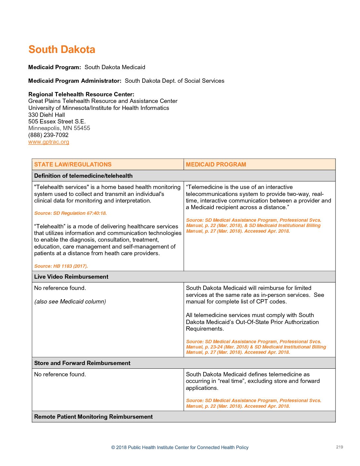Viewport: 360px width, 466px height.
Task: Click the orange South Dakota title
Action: [x=62, y=49]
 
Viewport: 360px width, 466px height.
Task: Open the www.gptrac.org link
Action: [x=49, y=142]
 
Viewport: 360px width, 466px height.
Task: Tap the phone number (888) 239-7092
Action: [x=48, y=135]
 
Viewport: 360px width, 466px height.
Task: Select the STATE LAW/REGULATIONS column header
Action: [x=73, y=164]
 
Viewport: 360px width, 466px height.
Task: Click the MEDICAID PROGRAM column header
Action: [x=216, y=164]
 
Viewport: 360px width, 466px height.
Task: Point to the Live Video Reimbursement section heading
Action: [x=71, y=277]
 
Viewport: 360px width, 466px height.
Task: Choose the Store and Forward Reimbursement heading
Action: [x=82, y=363]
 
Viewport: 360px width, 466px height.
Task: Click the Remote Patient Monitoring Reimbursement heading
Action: [x=93, y=417]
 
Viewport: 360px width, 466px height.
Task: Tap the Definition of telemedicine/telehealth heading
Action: [x=83, y=176]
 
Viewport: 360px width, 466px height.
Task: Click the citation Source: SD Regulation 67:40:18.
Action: [x=70, y=213]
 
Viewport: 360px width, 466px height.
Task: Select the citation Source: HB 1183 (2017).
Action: [x=61, y=266]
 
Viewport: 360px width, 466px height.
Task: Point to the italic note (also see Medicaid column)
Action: [x=70, y=302]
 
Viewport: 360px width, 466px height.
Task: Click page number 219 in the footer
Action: [x=339, y=447]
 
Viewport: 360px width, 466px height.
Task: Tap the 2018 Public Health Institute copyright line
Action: [x=180, y=447]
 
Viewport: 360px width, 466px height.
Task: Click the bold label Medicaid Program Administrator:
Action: [x=75, y=81]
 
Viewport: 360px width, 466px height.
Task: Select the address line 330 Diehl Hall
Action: [x=47, y=115]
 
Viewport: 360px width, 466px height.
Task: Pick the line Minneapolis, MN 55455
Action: [x=59, y=128]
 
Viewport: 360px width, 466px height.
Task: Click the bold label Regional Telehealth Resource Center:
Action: [x=81, y=94]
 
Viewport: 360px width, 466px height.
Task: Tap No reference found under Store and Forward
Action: [x=60, y=374]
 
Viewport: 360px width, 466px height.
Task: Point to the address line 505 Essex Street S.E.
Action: [x=57, y=121]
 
